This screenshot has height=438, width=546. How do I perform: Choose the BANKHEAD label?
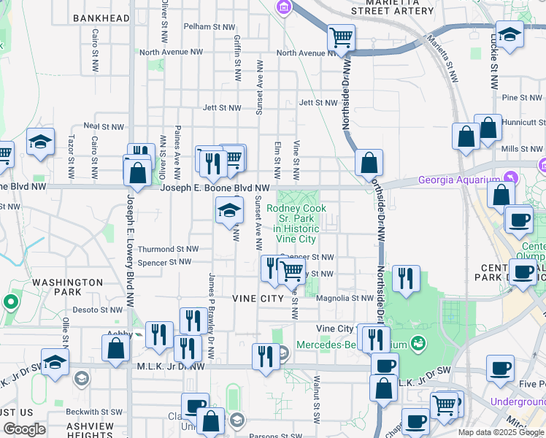pyautogui.click(x=101, y=18)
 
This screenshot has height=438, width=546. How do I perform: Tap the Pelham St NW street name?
pyautogui.click(x=209, y=26)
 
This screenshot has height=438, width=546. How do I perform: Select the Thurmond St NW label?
pyautogui.click(x=168, y=249)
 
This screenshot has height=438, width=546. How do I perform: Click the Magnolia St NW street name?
pyautogui.click(x=345, y=298)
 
